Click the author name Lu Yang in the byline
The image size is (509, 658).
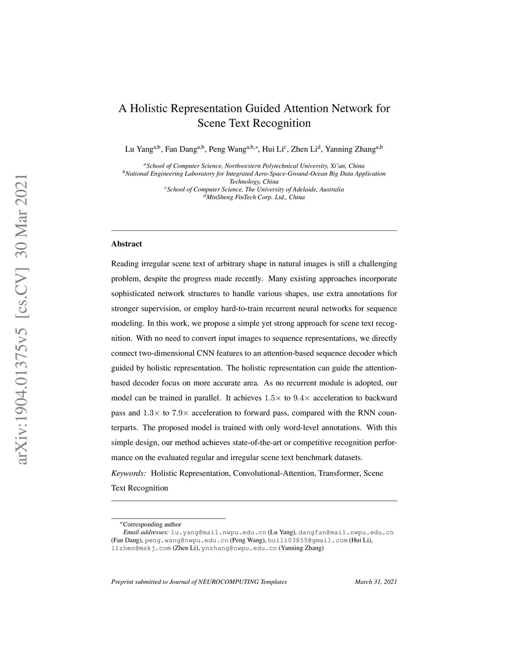(139, 149)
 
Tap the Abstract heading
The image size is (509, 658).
(126, 244)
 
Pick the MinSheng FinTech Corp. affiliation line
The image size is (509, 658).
(255, 197)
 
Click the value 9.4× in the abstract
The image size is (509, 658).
(302, 398)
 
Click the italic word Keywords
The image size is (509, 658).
(128, 473)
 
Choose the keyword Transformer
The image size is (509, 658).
(339, 473)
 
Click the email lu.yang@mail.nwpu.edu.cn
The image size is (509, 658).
(219, 532)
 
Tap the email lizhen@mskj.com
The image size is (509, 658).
(141, 548)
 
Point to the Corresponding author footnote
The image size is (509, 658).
(151, 524)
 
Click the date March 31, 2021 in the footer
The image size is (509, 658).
(376, 582)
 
